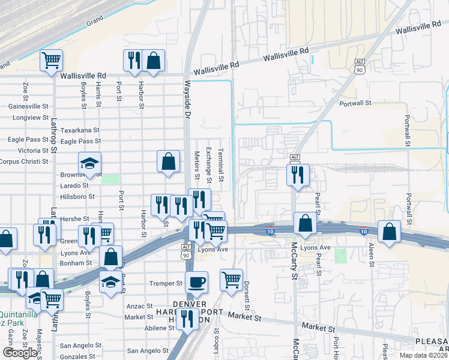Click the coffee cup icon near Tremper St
pos(196,281)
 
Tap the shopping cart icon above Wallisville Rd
pos(52,60)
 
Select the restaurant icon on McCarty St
pos(298,175)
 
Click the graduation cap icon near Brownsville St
pos(89,163)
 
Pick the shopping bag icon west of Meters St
pos(169,161)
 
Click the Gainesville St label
pos(29,106)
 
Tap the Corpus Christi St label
pos(23,161)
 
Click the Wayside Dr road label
pos(187,100)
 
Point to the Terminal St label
pos(221,165)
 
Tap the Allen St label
pos(372,254)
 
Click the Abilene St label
pos(159,328)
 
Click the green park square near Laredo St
pos(110,179)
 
